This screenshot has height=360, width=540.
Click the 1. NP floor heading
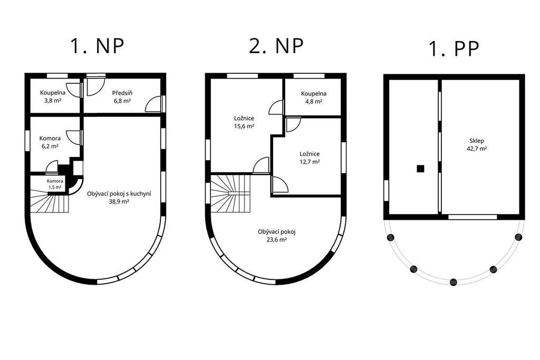(x=97, y=46)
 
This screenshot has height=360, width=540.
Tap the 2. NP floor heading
(x=276, y=46)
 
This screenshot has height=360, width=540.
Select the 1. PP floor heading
(x=454, y=49)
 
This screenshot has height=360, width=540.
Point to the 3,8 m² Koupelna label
(x=53, y=96)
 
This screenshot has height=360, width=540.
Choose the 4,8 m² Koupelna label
(x=314, y=98)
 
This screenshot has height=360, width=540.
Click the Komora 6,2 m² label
(x=50, y=142)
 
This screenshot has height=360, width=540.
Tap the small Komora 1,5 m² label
(x=55, y=184)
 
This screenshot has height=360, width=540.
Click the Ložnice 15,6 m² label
(x=244, y=122)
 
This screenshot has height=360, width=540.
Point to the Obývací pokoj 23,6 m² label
(x=276, y=236)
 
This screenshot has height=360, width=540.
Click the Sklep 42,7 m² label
(x=477, y=144)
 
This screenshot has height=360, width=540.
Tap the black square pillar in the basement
(x=420, y=169)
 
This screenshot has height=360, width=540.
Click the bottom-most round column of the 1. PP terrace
(x=454, y=282)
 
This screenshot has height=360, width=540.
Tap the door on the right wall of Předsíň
(x=153, y=104)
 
